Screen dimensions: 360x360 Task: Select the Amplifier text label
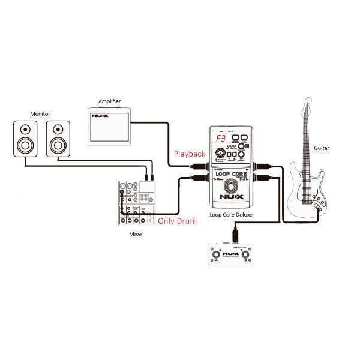[112, 101]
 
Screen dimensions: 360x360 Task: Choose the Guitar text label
[322, 148]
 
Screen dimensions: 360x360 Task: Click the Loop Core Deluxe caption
[230, 214]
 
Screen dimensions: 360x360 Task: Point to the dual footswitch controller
[230, 256]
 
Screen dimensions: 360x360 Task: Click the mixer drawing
[137, 202]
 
